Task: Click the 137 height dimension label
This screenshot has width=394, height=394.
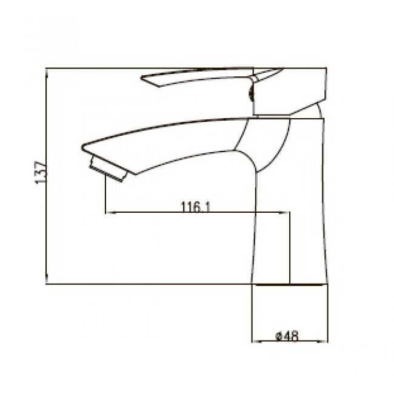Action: click(x=41, y=173)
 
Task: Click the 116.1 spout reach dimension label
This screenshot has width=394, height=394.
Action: click(x=196, y=207)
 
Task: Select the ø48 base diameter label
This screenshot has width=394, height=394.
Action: click(x=287, y=336)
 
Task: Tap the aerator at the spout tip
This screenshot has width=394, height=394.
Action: click(x=109, y=169)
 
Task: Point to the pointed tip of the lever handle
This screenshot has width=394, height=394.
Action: click(x=141, y=78)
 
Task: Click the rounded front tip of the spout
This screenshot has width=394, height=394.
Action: click(x=82, y=147)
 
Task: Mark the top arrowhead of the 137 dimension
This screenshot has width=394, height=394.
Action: click(x=47, y=72)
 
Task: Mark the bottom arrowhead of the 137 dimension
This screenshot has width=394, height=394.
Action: click(x=47, y=279)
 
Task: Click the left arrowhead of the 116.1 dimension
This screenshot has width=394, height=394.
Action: click(x=110, y=213)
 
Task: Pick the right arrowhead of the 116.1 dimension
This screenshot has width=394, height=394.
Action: click(x=284, y=213)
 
